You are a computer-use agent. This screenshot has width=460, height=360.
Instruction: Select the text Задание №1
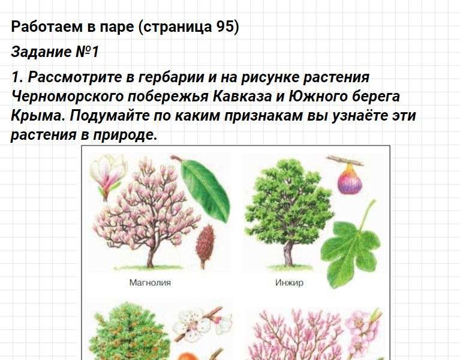pyautogui.click(x=55, y=52)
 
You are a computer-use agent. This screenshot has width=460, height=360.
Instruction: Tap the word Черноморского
pyautogui.click(x=67, y=96)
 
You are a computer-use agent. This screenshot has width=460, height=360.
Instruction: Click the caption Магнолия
pyautogui.click(x=150, y=283)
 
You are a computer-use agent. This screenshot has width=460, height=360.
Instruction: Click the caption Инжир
pyautogui.click(x=289, y=283)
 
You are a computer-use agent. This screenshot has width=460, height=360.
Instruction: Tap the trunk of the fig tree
pyautogui.click(x=288, y=254)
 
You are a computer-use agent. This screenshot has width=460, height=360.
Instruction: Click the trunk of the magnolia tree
pyautogui.click(x=151, y=256)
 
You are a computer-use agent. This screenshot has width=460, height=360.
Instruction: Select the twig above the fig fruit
pyautogui.click(x=345, y=160)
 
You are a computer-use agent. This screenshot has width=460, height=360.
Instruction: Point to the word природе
pyautogui.click(x=125, y=135)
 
